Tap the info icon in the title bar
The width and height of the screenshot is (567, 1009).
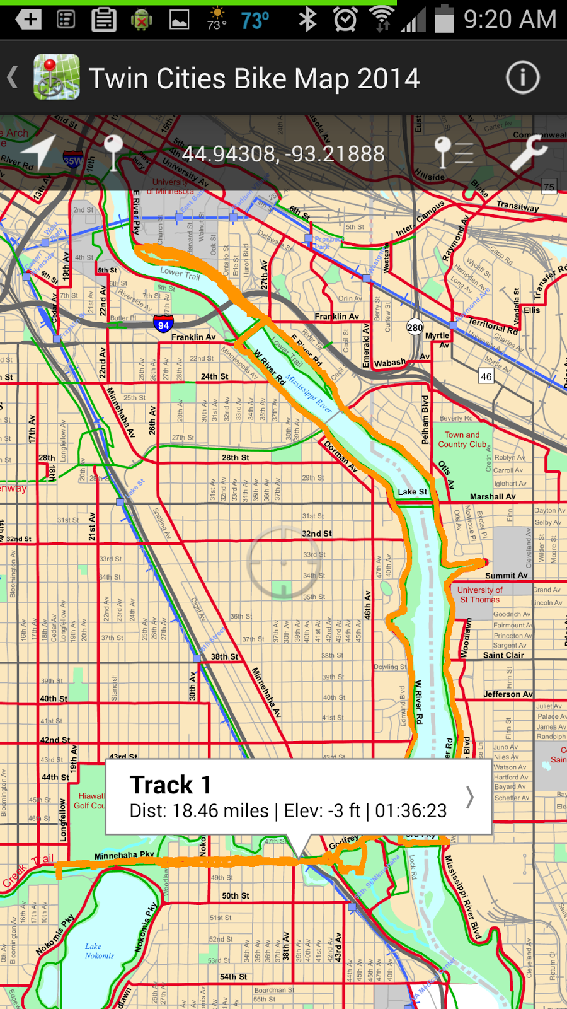click(522, 78)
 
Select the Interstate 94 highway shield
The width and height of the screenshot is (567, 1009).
click(163, 324)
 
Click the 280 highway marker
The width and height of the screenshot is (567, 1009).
click(415, 327)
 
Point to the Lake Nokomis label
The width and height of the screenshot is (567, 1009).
click(99, 951)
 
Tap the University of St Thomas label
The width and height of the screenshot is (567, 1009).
click(479, 595)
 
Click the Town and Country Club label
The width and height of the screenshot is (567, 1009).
click(462, 440)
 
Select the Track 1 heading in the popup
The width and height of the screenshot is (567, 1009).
click(170, 785)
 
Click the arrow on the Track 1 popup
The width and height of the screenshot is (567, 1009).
click(470, 797)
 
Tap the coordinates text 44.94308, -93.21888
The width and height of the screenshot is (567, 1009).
click(283, 154)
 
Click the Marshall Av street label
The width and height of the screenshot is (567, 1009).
click(493, 496)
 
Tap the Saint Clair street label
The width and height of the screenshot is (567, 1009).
click(503, 655)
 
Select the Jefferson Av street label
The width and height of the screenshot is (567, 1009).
click(508, 694)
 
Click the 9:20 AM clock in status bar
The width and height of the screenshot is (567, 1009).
click(510, 20)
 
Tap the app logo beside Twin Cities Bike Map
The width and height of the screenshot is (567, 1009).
click(57, 78)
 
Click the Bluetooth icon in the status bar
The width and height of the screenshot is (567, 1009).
click(307, 20)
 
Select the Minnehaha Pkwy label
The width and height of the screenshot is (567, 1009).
click(124, 856)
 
